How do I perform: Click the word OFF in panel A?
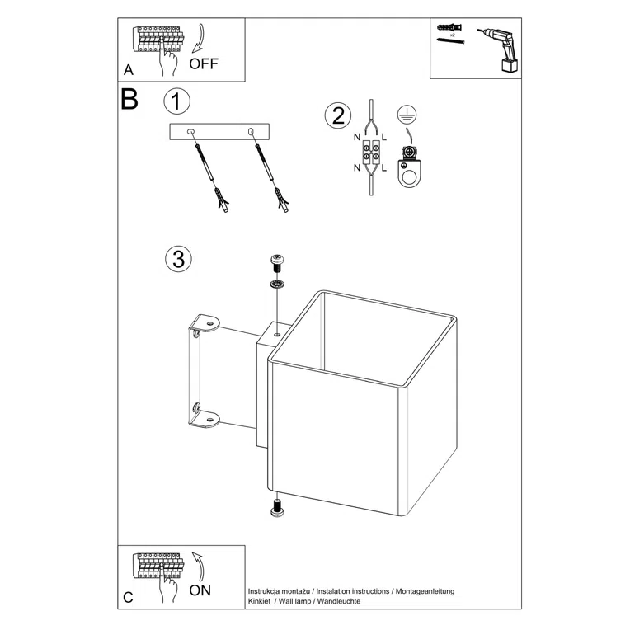click(205, 63)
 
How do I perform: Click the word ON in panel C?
click(200, 590)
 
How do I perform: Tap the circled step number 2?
click(336, 115)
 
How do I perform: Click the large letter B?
click(129, 100)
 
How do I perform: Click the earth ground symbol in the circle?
click(404, 115)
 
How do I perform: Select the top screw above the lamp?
click(277, 264)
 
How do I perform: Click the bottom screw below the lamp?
click(277, 508)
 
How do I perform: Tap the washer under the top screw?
click(277, 285)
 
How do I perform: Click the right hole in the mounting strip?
click(250, 130)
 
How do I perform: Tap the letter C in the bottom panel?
click(128, 597)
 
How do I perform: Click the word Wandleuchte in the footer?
click(338, 602)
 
